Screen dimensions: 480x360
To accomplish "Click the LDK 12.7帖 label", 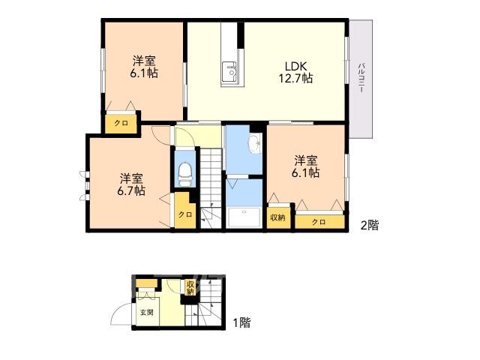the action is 295,72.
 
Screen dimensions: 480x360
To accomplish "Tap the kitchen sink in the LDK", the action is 229,71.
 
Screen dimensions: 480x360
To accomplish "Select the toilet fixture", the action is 185,174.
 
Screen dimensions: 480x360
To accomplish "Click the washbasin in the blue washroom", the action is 254,143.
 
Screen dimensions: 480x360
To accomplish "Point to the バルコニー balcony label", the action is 361,78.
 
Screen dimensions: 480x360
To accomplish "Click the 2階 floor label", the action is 370,225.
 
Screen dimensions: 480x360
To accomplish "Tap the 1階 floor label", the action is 241,322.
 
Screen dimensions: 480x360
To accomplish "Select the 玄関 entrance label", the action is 147,313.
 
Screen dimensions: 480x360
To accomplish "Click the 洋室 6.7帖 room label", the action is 131,184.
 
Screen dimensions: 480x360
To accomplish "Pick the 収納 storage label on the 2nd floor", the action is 277,217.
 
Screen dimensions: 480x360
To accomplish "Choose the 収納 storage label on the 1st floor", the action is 190,287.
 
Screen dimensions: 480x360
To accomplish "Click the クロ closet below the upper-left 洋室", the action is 121,123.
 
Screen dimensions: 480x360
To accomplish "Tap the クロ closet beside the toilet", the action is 185,214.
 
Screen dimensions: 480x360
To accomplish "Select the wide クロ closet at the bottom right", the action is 320,222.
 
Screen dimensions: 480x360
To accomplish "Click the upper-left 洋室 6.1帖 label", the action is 144,67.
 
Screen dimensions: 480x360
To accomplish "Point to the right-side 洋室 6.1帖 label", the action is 305,166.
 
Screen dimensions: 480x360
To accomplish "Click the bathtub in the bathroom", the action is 244,217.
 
